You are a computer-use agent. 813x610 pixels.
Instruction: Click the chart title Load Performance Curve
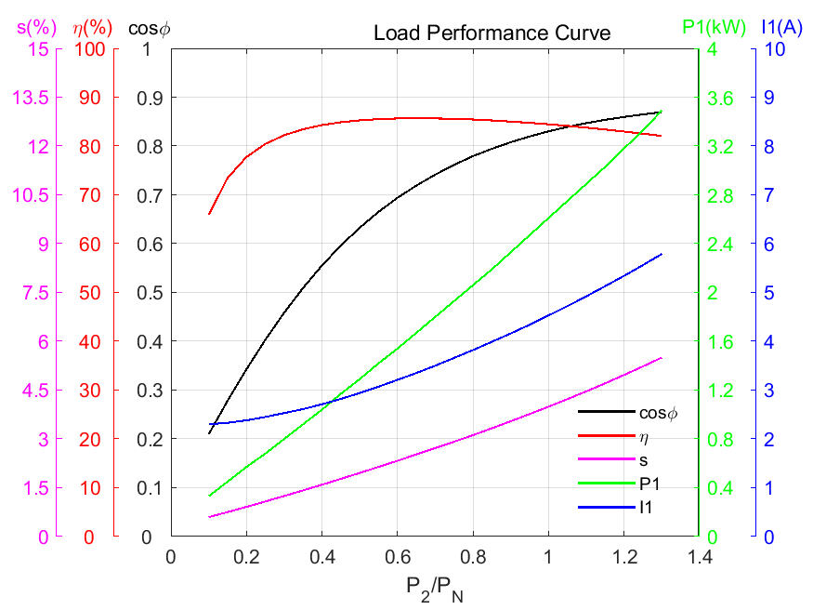pos(492,33)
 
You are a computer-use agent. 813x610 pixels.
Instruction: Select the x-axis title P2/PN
pos(434,588)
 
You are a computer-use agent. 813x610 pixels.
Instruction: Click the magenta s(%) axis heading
pos(32,27)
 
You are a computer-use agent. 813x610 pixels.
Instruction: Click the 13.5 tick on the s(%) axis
pos(32,98)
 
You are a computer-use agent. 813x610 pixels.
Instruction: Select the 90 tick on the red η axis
pos(93,98)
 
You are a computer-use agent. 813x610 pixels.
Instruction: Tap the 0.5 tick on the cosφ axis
pos(150,293)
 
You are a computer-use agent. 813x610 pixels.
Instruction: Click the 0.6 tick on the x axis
pos(397,557)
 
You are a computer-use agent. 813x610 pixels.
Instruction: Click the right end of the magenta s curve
pos(662,358)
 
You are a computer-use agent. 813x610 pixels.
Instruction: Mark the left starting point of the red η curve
pos(209,214)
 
